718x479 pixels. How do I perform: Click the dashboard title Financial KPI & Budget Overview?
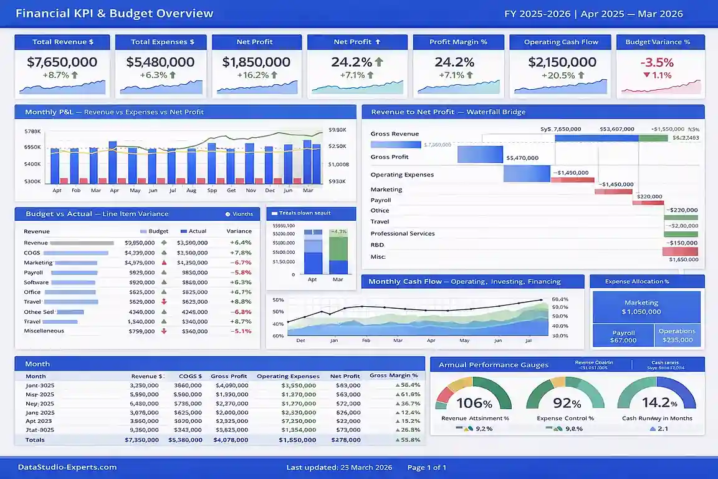(x=114, y=14)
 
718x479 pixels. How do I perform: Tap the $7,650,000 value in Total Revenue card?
(x=62, y=62)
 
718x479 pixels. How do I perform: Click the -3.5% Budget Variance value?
(x=657, y=62)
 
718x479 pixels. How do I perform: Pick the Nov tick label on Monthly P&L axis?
(x=251, y=190)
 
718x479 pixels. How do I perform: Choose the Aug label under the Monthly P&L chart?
(x=191, y=190)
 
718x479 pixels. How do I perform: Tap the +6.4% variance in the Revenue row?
(x=240, y=243)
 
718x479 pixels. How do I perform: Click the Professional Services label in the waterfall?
(x=403, y=233)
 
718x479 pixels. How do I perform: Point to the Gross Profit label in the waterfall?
(x=390, y=157)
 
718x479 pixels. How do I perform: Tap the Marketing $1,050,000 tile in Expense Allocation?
(x=641, y=307)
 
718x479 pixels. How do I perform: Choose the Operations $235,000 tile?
(x=677, y=336)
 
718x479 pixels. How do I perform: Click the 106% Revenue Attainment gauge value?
(x=474, y=403)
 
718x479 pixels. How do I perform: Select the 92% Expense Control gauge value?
(x=567, y=403)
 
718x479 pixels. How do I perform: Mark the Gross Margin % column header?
(x=394, y=375)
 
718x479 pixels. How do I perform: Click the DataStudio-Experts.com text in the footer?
(x=67, y=467)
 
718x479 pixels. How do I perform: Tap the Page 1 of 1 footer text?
(x=427, y=467)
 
